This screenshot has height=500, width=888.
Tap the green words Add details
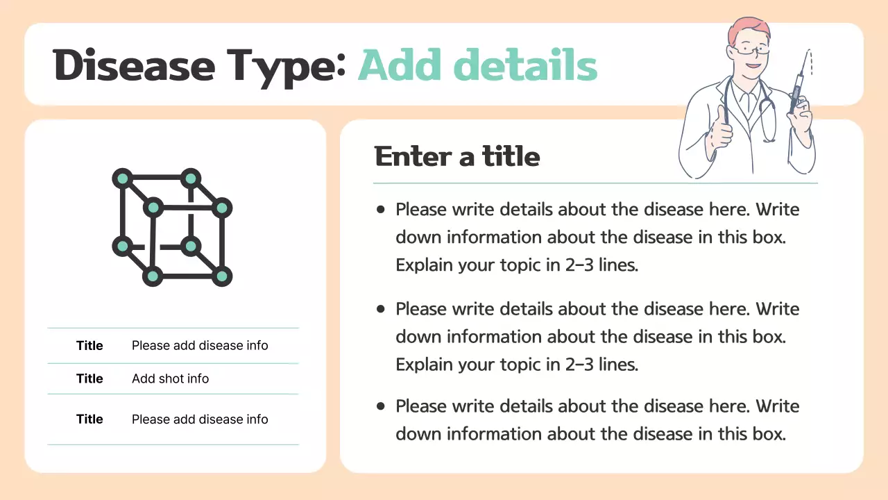coord(477,66)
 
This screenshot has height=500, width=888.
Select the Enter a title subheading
coord(457,156)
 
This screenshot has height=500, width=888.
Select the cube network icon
coord(172,227)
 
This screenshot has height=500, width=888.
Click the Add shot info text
coord(170,378)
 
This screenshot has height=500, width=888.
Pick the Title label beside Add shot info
coord(89,378)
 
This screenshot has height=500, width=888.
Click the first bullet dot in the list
coord(380,209)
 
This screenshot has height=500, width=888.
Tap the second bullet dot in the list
coord(380,308)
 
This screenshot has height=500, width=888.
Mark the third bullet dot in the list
coord(380,406)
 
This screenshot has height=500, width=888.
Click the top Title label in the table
coord(89,345)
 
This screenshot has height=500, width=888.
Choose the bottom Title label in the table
coord(89,419)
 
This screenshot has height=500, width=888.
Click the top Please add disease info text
coord(200,345)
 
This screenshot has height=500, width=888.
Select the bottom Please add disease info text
coord(200,419)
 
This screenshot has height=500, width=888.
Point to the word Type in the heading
coord(284,66)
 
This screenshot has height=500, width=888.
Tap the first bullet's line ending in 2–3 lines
coord(516,265)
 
